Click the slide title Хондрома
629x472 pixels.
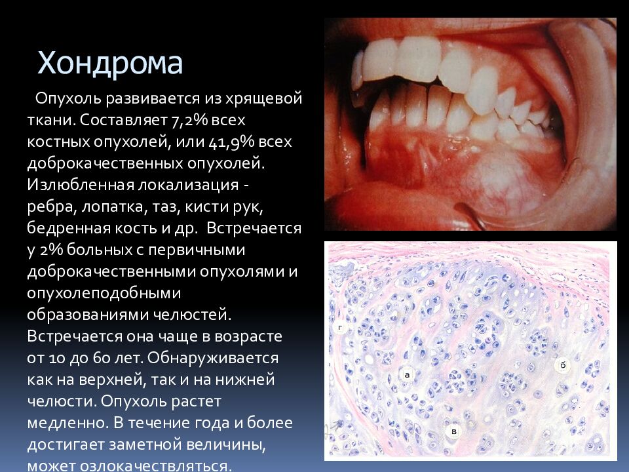[x=110, y=63]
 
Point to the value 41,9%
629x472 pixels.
[x=232, y=142]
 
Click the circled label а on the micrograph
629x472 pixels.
[x=407, y=374]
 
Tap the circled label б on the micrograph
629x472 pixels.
[x=562, y=364]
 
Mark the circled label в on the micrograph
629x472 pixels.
[x=453, y=431]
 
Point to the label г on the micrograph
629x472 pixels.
[x=341, y=326]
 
